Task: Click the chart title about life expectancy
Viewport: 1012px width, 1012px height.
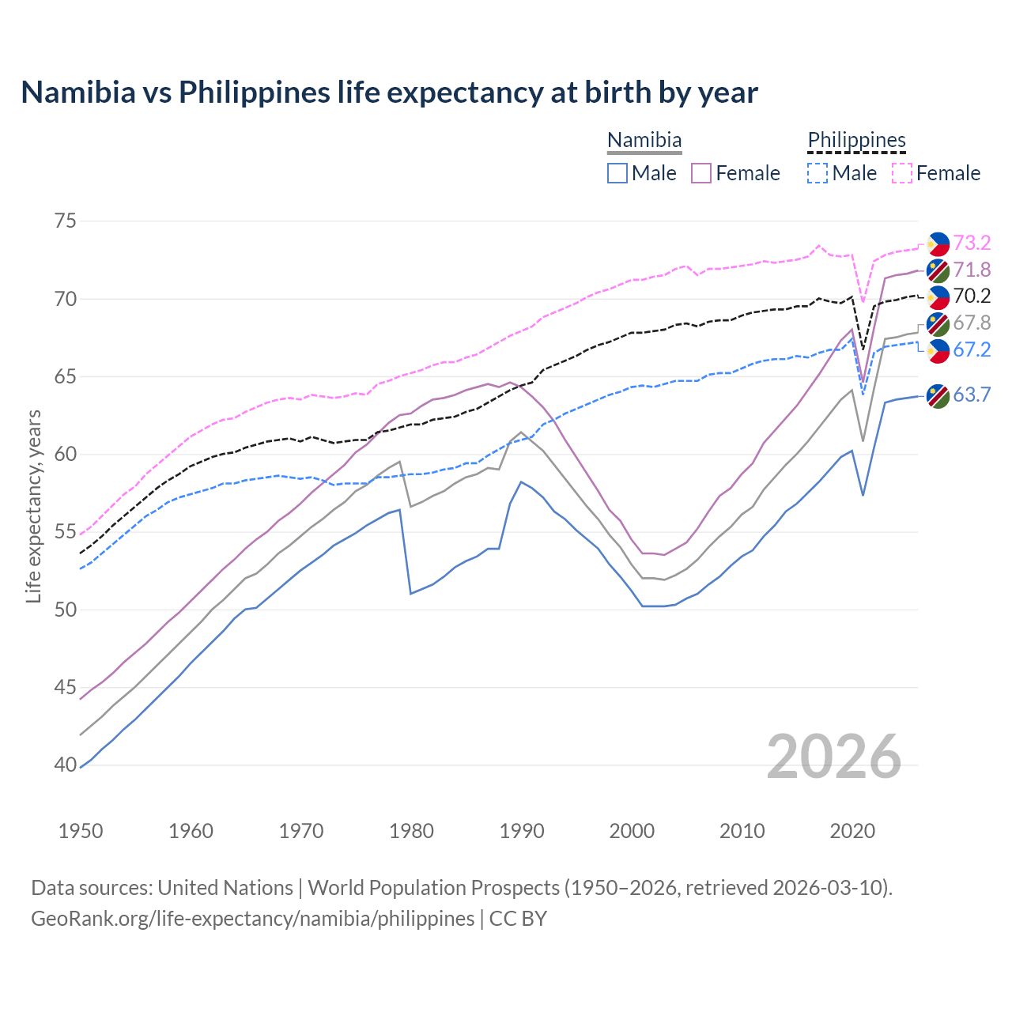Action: pyautogui.click(x=389, y=93)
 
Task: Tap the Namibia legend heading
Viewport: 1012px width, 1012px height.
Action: pyautogui.click(x=644, y=140)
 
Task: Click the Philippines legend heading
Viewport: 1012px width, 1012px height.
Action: pyautogui.click(x=856, y=140)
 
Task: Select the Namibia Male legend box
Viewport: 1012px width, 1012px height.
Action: pyautogui.click(x=617, y=173)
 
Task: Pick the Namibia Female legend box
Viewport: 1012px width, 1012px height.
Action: pyautogui.click(x=701, y=173)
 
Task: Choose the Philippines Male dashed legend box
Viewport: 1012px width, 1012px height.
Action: pyautogui.click(x=818, y=173)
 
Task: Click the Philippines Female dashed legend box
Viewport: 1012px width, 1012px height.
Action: pyautogui.click(x=902, y=173)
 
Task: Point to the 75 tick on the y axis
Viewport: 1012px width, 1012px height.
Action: pyautogui.click(x=66, y=221)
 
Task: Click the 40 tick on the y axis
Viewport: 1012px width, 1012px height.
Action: pyautogui.click(x=66, y=765)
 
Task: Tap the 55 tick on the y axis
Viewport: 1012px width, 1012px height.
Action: pyautogui.click(x=66, y=531)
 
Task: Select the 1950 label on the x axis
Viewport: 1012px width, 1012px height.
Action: pyautogui.click(x=81, y=831)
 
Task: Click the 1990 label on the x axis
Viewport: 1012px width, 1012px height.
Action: pyautogui.click(x=522, y=831)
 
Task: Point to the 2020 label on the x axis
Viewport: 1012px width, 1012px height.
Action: pyautogui.click(x=852, y=831)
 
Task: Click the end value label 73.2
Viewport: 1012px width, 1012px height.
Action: pyautogui.click(x=972, y=243)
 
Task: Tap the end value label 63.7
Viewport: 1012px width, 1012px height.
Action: pyautogui.click(x=972, y=395)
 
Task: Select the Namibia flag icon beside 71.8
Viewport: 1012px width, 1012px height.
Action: pyautogui.click(x=938, y=270)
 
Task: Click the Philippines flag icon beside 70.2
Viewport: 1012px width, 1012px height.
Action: pyautogui.click(x=938, y=296)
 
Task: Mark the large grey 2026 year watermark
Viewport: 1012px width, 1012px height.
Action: pyautogui.click(x=833, y=757)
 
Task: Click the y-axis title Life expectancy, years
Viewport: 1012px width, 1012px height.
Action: pyautogui.click(x=33, y=506)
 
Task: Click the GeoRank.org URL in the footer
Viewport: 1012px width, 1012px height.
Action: pyautogui.click(x=252, y=919)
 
